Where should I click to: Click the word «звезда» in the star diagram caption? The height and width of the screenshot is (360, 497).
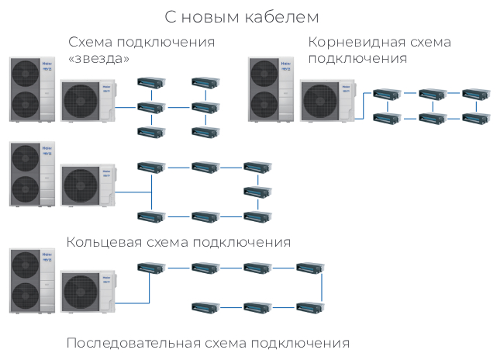[98, 59]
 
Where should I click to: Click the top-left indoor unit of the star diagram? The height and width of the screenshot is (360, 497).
[150, 81]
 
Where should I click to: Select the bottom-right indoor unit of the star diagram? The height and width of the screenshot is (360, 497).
[205, 131]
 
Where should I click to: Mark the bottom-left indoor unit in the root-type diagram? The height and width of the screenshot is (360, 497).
[385, 118]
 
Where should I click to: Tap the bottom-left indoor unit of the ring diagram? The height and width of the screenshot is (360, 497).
[150, 215]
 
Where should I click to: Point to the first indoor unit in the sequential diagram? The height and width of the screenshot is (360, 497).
[150, 268]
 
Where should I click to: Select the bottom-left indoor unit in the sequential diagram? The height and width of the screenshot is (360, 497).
[205, 306]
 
